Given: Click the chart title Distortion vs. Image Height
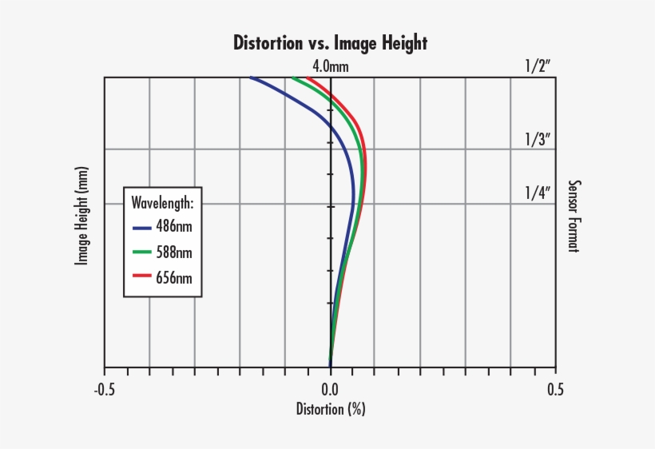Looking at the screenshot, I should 330,42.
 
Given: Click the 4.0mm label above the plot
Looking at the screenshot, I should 330,66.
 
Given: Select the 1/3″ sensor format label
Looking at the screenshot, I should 538,139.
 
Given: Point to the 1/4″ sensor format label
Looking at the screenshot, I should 538,193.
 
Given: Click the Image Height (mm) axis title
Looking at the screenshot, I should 81,216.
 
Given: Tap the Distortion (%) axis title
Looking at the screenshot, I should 330,410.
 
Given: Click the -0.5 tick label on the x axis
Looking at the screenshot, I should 104,389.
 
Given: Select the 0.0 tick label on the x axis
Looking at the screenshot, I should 330,389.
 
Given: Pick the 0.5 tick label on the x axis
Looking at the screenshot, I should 556,389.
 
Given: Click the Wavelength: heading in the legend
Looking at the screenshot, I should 162,201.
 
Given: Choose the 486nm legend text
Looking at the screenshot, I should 174,227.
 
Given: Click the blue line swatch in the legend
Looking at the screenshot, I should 141,228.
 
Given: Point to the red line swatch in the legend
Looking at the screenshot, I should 141,279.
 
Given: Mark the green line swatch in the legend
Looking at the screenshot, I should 141,253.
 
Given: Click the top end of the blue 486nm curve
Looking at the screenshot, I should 251,78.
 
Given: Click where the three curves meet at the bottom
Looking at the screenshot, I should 330,365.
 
